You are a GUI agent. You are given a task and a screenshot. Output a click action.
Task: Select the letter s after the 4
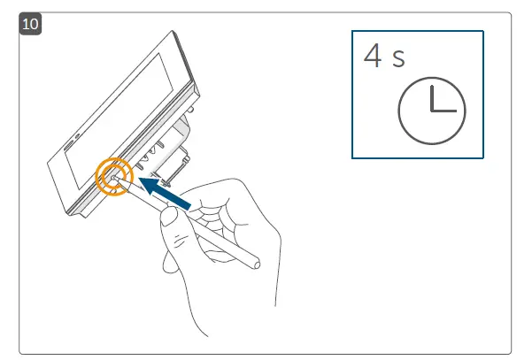tap(399, 61)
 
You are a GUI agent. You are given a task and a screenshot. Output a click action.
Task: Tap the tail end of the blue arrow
tap(187, 206)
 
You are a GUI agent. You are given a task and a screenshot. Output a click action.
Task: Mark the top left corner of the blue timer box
tap(352, 31)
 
